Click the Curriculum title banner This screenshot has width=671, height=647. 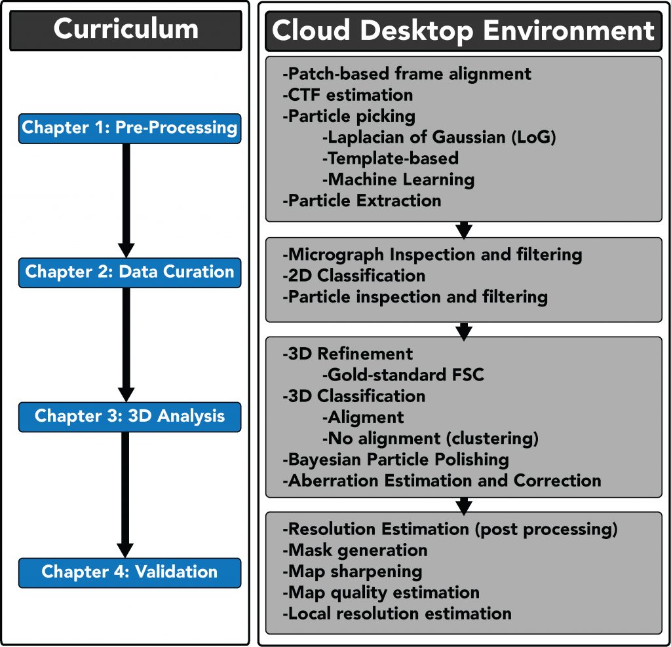tap(126, 30)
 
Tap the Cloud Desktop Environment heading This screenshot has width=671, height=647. tap(463, 31)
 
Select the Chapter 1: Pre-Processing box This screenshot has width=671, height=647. tap(130, 128)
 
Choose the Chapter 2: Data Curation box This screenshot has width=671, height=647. tap(130, 272)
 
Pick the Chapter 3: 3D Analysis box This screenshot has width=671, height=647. tap(130, 416)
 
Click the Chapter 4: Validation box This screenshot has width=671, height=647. tap(130, 572)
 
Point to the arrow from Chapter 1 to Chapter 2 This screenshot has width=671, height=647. tap(126, 200)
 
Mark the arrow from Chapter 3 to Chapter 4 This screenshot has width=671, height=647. tap(125, 495)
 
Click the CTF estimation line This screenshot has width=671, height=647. tap(347, 95)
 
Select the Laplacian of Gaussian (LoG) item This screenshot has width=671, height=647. tap(439, 138)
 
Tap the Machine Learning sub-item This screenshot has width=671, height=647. tap(398, 179)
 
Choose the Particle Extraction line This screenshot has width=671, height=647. tap(362, 200)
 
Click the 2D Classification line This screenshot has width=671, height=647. tap(353, 276)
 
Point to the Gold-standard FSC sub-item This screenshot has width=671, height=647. tap(403, 375)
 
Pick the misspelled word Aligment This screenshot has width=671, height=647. tap(366, 417)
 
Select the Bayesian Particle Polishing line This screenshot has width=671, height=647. tap(395, 460)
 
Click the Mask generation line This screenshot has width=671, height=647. tap(355, 550)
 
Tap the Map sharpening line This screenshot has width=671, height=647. tap(352, 572)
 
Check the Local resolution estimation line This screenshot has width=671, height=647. tap(396, 614)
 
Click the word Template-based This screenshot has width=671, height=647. tap(393, 158)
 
